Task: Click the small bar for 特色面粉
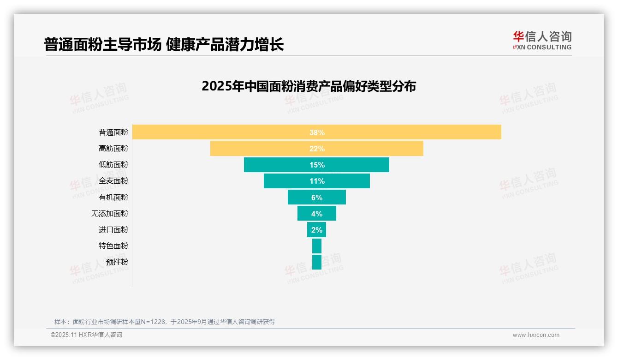point(317,246)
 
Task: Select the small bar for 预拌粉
point(317,262)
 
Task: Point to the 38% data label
point(317,132)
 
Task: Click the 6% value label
point(317,198)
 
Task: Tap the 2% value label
point(317,230)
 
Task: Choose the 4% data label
point(317,214)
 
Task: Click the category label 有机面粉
point(113,197)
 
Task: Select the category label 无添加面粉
point(110,213)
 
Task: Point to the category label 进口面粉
point(113,229)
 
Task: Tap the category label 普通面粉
point(113,132)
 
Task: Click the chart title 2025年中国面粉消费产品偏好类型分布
point(309,86)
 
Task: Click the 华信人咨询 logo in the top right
point(542,41)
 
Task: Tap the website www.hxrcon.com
point(536,335)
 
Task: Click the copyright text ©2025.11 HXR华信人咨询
point(86,335)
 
